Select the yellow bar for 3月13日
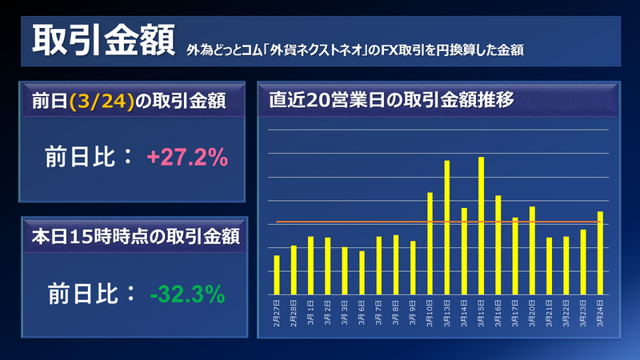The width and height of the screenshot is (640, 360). coord(446,227)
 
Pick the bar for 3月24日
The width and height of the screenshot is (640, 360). coord(600,253)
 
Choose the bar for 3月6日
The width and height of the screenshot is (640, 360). coord(362,272)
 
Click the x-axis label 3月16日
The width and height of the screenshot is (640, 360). coord(498,308)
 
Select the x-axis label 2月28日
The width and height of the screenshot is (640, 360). coord(294,308)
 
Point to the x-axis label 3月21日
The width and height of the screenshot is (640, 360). coord(550,308)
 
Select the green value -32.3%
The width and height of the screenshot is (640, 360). coord(186,294)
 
